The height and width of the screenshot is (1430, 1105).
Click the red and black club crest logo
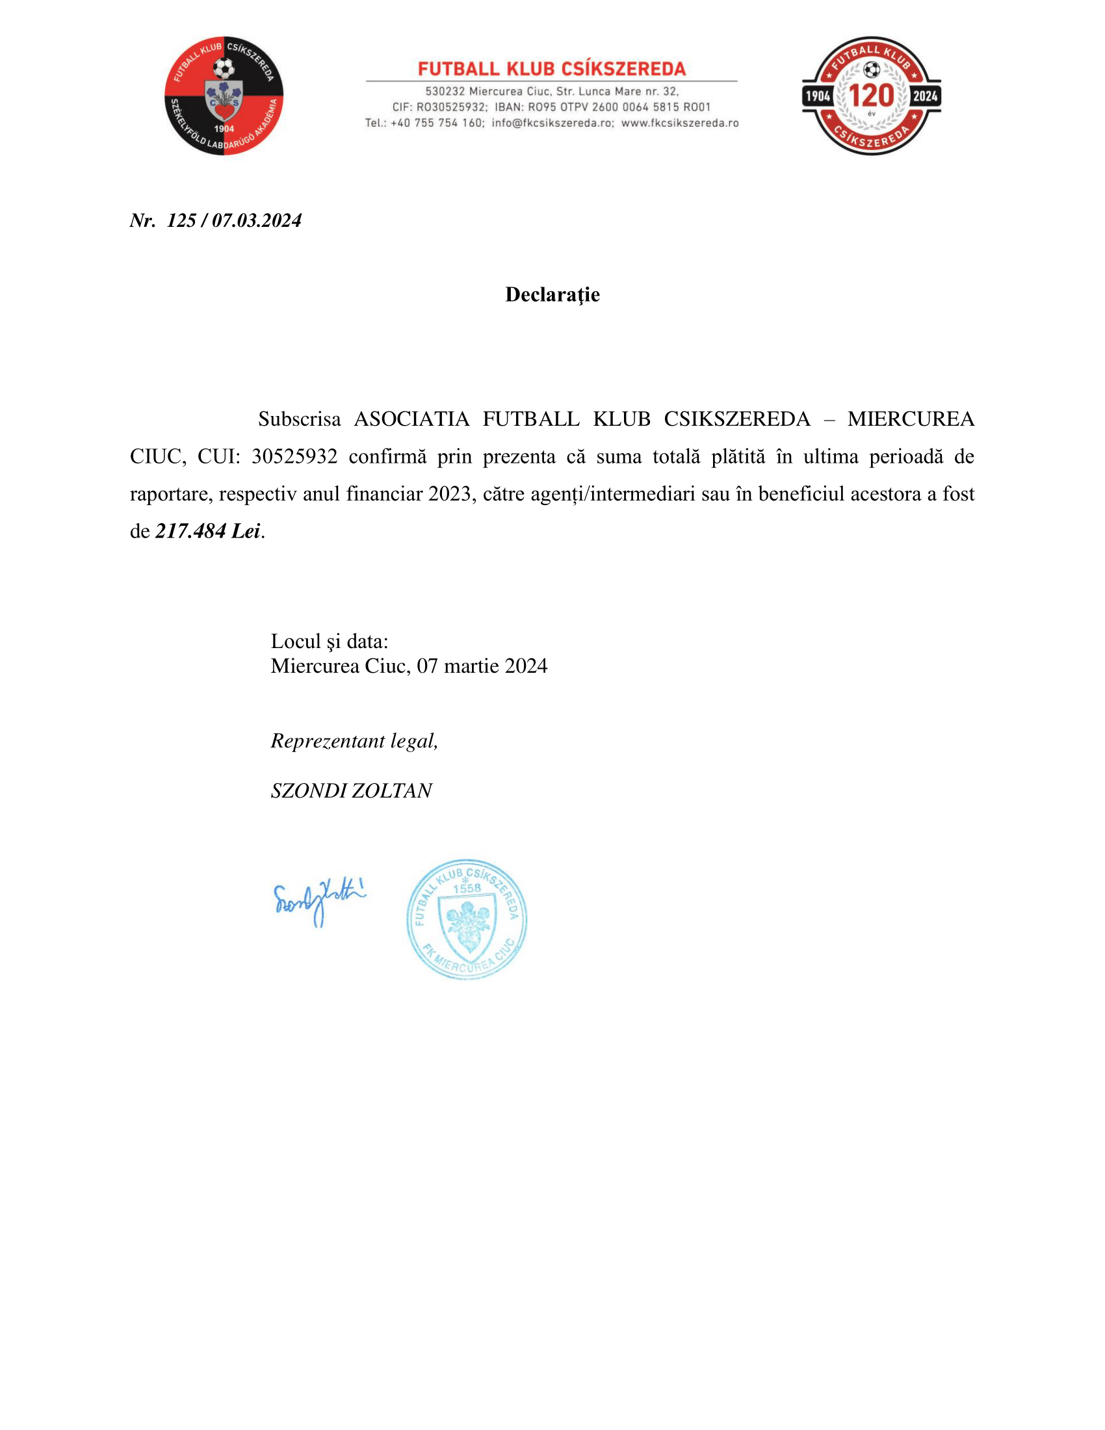pos(224,96)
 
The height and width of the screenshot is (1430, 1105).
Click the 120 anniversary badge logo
pos(871,96)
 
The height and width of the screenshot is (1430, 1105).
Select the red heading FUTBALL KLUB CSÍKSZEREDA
pos(552,69)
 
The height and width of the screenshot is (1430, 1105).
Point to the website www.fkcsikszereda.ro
pos(679,123)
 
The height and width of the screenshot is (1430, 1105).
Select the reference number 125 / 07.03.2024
pos(234,220)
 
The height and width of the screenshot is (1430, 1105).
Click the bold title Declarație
pos(552,294)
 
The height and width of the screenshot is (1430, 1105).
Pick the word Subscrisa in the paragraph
pos(299,419)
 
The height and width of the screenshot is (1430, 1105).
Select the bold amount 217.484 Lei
pos(207,531)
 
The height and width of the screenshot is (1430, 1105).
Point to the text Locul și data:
pos(330,641)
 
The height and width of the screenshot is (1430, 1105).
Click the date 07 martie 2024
pos(482,666)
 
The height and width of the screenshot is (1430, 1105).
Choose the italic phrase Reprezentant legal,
pos(354,740)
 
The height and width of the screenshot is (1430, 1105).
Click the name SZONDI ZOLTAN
pos(351,790)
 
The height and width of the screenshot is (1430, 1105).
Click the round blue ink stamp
pos(467,918)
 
